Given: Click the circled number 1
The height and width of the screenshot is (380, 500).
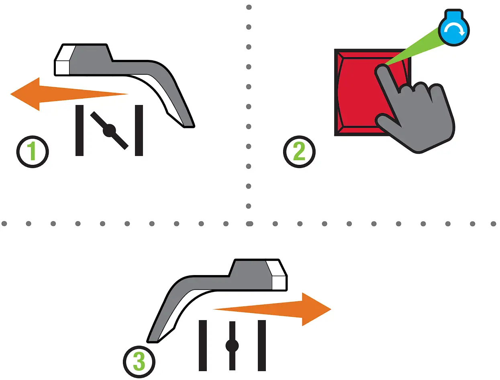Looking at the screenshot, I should [33, 152].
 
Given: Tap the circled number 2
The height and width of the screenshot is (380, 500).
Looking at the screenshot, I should [299, 152].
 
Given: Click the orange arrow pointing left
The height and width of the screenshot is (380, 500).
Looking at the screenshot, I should [60, 94].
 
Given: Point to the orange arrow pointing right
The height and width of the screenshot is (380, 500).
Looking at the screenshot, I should [281, 309].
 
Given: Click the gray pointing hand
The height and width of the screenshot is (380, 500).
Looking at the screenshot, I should [418, 117].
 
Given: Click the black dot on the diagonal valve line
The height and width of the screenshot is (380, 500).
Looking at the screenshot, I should [109, 130].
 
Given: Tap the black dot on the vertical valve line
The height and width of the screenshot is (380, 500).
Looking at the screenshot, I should [232, 345].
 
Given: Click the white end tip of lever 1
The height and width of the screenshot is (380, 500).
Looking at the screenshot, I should [62, 67].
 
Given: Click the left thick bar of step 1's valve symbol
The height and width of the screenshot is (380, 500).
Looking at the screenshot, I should [80, 130].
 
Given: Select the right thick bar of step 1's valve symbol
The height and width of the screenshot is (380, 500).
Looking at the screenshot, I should [139, 130].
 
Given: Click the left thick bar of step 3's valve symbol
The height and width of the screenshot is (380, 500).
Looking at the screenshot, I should [203, 345].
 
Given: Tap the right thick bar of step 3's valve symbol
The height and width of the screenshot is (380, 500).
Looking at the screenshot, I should [262, 345].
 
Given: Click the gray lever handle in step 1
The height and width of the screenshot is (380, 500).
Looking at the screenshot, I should [120, 64].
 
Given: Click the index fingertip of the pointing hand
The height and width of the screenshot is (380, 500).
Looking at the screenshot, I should [380, 71].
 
